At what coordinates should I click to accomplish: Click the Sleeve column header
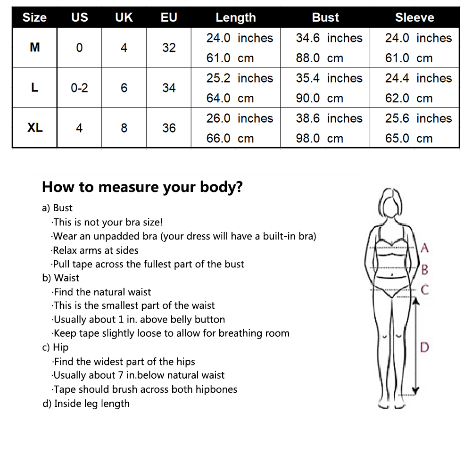[x=414, y=17]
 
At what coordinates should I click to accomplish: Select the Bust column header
[x=325, y=17]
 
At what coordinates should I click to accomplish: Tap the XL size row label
[x=35, y=128]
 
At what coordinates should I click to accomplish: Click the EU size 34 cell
[x=169, y=88]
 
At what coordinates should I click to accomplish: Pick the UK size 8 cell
[x=124, y=128]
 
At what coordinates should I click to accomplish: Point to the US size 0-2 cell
[x=80, y=88]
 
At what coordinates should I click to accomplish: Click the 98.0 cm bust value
[x=319, y=139]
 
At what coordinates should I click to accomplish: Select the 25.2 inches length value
[x=240, y=78]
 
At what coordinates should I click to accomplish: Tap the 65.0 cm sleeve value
[x=409, y=139]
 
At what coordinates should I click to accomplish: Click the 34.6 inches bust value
[x=329, y=38]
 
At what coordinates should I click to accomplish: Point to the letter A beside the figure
[x=424, y=248]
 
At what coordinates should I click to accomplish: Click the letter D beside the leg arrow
[x=424, y=348]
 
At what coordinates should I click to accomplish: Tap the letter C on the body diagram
[x=424, y=290]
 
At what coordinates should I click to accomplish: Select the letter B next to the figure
[x=424, y=270]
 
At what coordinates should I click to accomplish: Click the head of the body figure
[x=391, y=203]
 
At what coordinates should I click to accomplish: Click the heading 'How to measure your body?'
[x=142, y=187]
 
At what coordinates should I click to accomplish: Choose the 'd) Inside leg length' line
[x=86, y=403]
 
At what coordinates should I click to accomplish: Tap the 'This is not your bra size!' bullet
[x=107, y=222]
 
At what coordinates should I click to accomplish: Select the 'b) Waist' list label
[x=61, y=278]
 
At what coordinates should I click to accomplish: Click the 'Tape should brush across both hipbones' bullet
[x=144, y=389]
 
